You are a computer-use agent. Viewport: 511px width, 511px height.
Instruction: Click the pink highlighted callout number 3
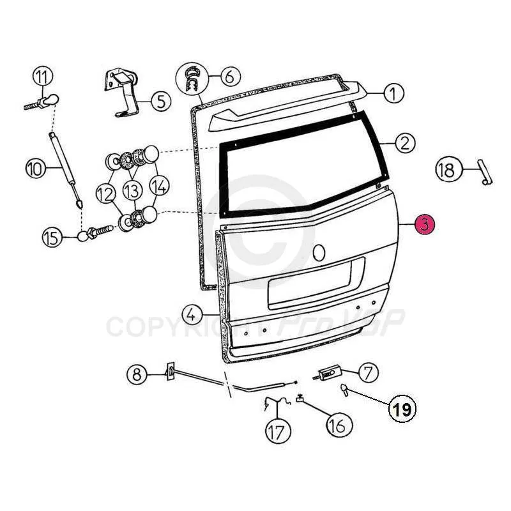coord(425,225)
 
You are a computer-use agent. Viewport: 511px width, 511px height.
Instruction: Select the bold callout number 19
coord(402,409)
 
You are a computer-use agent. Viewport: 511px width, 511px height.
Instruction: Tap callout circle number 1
coord(394,93)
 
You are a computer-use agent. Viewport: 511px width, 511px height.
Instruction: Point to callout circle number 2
coord(404,143)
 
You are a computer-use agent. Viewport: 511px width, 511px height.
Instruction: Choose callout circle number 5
coord(160,100)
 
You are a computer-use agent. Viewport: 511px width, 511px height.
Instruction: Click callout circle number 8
coord(136,374)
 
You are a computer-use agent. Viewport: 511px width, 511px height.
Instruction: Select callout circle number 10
coord(36,169)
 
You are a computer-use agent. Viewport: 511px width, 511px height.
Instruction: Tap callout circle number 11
coord(42,77)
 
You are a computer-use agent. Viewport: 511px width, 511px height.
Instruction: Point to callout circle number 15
coord(52,238)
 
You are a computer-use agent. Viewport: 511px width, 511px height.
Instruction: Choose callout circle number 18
coord(446,169)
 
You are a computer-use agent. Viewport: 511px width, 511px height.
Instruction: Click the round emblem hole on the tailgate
coord(320,252)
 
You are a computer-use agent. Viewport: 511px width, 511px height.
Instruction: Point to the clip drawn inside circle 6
coord(191,79)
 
